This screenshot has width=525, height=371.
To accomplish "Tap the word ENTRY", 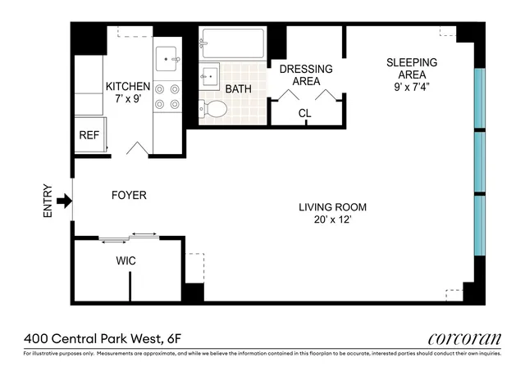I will [x=47, y=200].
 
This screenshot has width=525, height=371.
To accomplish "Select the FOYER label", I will [x=129, y=196].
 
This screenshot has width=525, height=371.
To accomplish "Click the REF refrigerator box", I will [x=89, y=136].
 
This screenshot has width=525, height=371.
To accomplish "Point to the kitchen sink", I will [x=171, y=57].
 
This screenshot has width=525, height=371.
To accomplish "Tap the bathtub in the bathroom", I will [x=232, y=43].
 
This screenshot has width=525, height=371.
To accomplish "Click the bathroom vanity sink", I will [x=208, y=75].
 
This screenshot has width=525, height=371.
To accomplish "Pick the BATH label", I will [x=239, y=88].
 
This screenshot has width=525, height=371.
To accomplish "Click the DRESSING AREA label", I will [x=306, y=75].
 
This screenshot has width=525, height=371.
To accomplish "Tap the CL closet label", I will [x=305, y=113].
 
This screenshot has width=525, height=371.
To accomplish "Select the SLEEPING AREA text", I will [x=412, y=69].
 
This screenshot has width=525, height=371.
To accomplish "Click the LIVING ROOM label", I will [x=332, y=207].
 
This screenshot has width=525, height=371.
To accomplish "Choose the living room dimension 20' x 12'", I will [x=332, y=221].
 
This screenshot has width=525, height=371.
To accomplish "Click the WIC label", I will [x=126, y=260].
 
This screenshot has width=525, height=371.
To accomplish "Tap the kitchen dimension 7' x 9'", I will [x=127, y=100].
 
